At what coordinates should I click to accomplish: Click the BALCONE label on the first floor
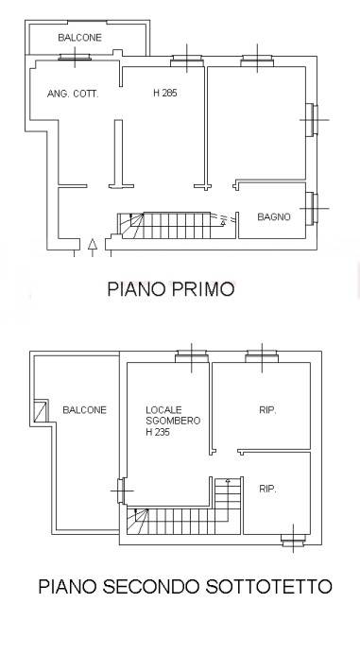(x=78, y=39)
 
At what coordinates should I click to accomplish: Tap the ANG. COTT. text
(x=73, y=94)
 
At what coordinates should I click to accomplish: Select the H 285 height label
(x=165, y=94)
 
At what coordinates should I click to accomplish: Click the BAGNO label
(x=274, y=216)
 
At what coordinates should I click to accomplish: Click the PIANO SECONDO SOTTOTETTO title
(x=185, y=586)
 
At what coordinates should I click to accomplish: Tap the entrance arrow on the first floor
(x=92, y=246)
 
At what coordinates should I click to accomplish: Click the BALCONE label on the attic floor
(x=84, y=409)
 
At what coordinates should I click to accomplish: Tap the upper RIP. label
(x=267, y=409)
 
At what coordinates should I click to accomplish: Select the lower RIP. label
(x=267, y=489)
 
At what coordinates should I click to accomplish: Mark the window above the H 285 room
(x=185, y=62)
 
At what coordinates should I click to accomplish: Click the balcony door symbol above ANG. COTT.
(x=74, y=59)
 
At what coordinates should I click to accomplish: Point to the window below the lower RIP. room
(x=293, y=540)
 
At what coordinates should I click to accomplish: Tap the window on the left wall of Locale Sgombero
(x=121, y=492)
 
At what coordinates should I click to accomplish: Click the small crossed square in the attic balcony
(x=41, y=410)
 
